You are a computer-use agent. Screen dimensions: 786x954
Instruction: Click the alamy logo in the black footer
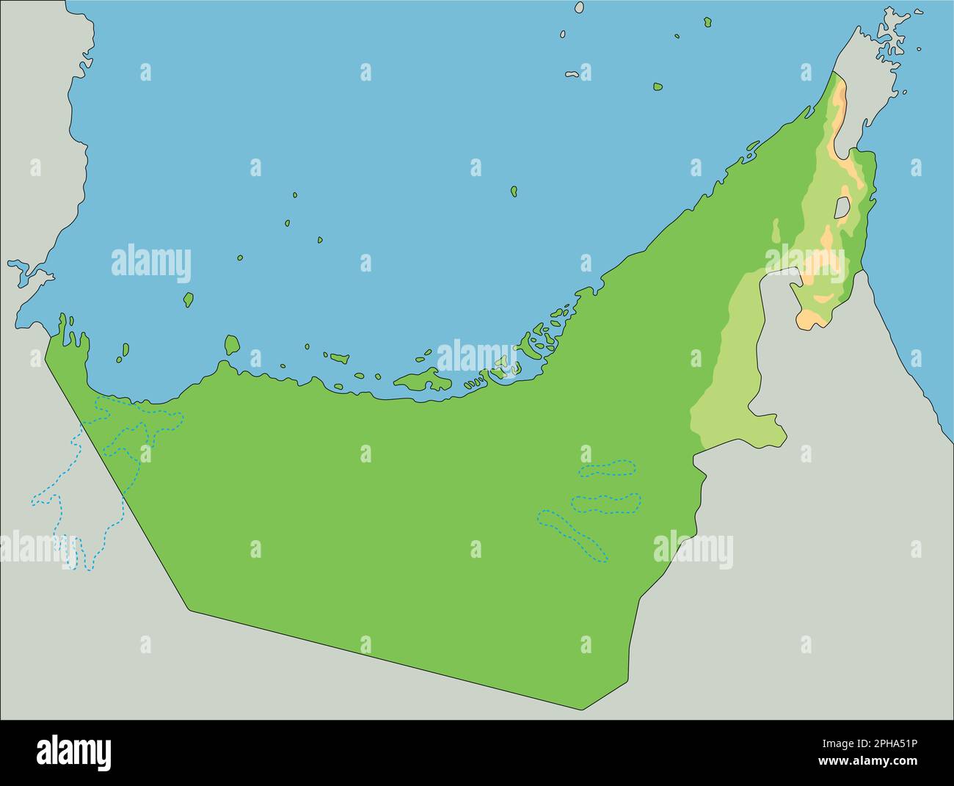click(x=74, y=752)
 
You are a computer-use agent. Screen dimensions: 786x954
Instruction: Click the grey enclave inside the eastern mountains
click(x=842, y=207)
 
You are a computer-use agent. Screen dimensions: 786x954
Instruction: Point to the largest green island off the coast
click(x=422, y=380)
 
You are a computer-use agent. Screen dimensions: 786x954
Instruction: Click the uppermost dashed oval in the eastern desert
click(x=607, y=468)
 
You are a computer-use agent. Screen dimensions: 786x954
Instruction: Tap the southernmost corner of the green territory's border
click(x=583, y=709)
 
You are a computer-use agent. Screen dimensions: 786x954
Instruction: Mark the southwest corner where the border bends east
click(x=189, y=609)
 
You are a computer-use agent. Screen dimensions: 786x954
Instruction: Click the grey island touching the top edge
click(x=579, y=7)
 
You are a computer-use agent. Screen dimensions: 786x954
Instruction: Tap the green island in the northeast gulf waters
click(x=658, y=87)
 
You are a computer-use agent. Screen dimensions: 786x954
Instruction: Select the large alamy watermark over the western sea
click(x=150, y=264)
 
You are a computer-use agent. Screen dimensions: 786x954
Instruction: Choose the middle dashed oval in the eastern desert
click(x=605, y=503)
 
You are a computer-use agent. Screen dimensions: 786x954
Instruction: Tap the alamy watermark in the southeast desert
click(x=692, y=550)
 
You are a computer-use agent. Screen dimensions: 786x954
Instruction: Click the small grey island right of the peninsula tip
click(x=919, y=50)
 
